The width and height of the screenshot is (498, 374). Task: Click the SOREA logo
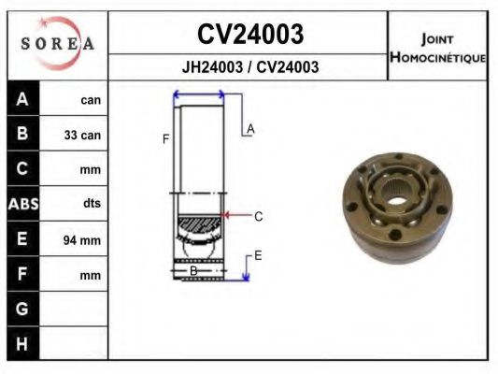point(58,43)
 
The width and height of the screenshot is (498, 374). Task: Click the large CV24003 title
point(250,34)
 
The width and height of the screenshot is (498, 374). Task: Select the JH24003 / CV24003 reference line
point(250,67)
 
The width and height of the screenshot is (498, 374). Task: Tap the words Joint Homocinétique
point(437,49)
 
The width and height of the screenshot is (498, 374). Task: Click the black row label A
point(22,99)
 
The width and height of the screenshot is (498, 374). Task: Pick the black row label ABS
point(23,204)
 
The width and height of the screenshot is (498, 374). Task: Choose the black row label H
point(21,344)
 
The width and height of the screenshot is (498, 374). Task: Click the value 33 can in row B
point(82,135)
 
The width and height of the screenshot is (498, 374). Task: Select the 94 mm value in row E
point(82,240)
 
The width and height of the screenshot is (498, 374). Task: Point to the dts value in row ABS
point(92,203)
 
